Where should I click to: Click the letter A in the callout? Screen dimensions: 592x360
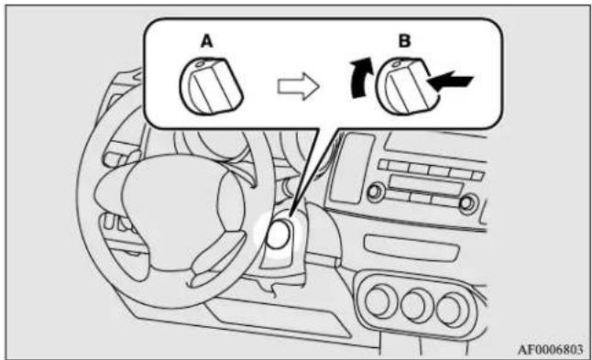(x=207, y=41)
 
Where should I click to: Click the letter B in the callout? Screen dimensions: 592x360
(x=405, y=40)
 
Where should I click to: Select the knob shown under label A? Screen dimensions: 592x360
(x=212, y=87)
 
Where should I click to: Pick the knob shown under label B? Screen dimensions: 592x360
(x=407, y=87)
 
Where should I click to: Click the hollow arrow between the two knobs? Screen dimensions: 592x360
(x=299, y=86)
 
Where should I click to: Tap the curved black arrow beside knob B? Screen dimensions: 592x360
(x=361, y=79)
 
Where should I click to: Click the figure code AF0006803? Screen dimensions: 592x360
(x=550, y=349)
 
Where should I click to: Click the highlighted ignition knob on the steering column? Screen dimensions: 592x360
(x=279, y=235)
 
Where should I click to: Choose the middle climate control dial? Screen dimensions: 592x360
(x=416, y=305)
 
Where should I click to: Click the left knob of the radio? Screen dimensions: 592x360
(x=376, y=192)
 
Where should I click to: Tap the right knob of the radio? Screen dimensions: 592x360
(x=468, y=203)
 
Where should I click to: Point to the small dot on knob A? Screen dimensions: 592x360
(x=200, y=64)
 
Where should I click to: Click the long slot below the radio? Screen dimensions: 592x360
(x=411, y=248)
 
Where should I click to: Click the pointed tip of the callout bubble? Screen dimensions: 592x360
(x=290, y=216)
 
